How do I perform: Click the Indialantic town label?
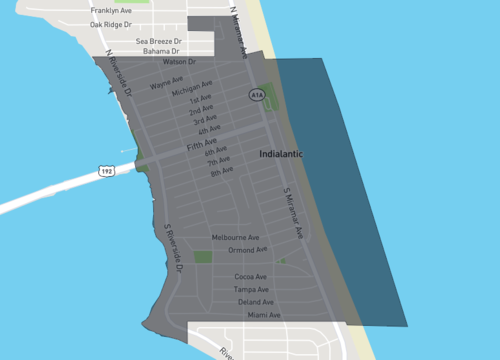pyautogui.click(x=281, y=155)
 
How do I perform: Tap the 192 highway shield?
pyautogui.click(x=106, y=172)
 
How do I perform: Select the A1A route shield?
pyautogui.click(x=256, y=95)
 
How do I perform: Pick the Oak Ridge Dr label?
pyautogui.click(x=110, y=24)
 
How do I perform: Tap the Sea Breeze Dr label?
pyautogui.click(x=158, y=41)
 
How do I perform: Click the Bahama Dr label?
pyautogui.click(x=160, y=51)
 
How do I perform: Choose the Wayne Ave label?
pyautogui.click(x=166, y=86)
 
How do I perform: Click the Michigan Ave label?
pyautogui.click(x=192, y=89)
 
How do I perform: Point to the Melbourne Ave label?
pyautogui.click(x=236, y=237)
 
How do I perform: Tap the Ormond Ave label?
pyautogui.click(x=247, y=250)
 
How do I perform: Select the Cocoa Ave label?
pyautogui.click(x=250, y=277)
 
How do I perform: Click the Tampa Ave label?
pyautogui.click(x=251, y=289)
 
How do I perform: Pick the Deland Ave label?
pyautogui.click(x=256, y=302)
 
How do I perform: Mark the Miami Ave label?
pyautogui.click(x=264, y=315)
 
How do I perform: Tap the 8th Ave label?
pyautogui.click(x=222, y=172)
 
